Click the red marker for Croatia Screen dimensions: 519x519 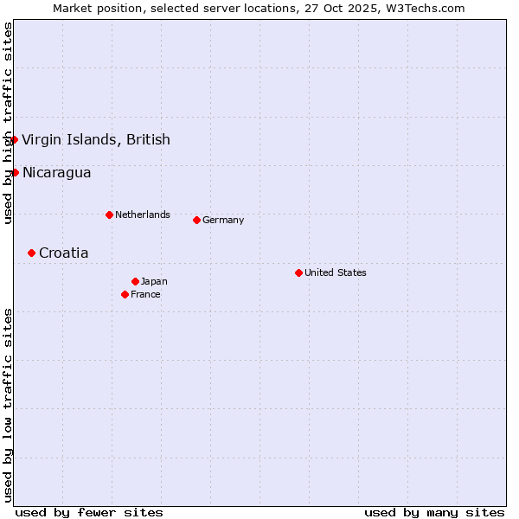point(31,253)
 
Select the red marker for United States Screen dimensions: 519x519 point(298,272)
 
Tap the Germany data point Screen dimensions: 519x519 point(196,220)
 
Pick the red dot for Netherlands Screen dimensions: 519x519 point(109,215)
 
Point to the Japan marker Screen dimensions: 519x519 point(135,281)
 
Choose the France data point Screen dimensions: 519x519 point(125,294)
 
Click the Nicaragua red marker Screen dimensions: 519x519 point(15,172)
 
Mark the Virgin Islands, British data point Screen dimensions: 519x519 point(14,139)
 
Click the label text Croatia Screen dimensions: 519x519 point(63,253)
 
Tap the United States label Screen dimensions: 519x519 point(336,272)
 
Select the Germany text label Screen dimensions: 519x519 point(223,220)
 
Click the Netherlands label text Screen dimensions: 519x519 point(143,215)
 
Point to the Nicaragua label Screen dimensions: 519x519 point(56,172)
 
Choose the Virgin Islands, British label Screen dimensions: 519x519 point(96,139)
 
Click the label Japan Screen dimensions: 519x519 point(154,281)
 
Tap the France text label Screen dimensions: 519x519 point(145,294)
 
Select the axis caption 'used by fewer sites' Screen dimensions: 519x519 point(89,512)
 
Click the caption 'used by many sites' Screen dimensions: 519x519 point(434,512)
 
